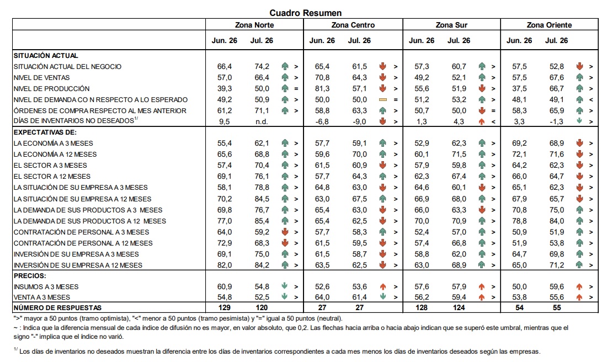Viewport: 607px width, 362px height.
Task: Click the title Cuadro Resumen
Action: (306, 13)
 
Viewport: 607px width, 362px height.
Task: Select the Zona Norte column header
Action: (254, 25)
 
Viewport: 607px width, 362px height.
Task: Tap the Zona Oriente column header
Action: (549, 25)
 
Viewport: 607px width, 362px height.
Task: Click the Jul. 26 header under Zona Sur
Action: (459, 40)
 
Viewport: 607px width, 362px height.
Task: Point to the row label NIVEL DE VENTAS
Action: (41, 77)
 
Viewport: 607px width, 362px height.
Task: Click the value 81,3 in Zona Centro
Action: (322, 88)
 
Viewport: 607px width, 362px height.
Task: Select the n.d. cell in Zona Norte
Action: (262, 121)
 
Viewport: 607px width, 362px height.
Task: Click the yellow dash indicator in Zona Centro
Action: (382, 99)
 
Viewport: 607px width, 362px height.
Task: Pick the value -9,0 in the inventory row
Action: (359, 121)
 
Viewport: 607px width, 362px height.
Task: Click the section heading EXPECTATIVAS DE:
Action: (45, 132)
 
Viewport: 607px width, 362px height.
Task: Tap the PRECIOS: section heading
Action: (29, 276)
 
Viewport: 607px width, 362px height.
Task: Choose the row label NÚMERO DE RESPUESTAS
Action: (57, 308)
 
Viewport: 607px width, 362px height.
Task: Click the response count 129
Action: (224, 307)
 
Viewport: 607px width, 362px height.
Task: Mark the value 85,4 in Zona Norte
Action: (262, 221)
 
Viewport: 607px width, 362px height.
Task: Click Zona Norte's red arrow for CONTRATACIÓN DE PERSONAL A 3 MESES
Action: (285, 232)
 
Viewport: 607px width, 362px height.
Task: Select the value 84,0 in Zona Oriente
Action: (556, 221)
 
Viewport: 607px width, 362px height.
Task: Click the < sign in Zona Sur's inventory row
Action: (493, 121)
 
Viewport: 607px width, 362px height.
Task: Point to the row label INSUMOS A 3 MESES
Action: (46, 286)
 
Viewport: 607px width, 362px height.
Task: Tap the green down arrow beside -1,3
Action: (579, 121)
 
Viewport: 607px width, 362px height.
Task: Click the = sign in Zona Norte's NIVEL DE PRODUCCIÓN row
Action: (296, 89)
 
